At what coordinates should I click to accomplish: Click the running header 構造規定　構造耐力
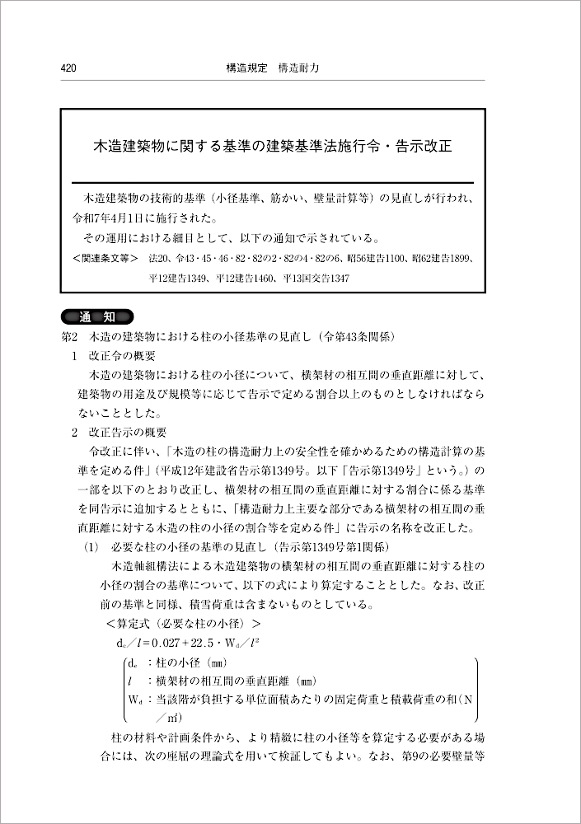272,69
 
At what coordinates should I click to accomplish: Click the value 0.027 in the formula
183,642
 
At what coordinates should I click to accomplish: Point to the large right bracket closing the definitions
476,690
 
